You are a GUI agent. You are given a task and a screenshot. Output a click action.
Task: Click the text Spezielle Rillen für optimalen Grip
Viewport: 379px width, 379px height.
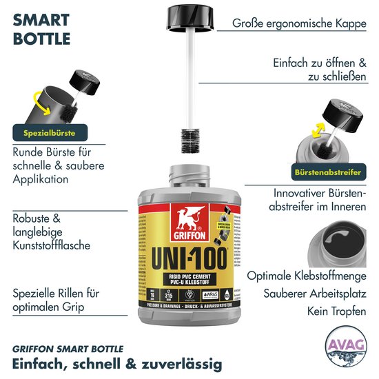[x=56, y=300]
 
